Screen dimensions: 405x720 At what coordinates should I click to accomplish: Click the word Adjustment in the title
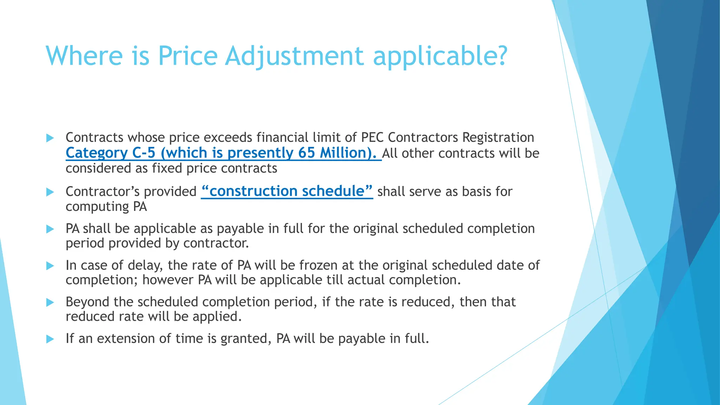(294, 56)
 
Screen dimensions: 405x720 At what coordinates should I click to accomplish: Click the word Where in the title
(84, 56)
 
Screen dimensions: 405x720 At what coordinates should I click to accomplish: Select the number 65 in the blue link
(307, 153)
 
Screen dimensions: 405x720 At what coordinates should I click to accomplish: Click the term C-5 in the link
(144, 153)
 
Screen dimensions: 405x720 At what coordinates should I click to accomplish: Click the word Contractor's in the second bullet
(103, 192)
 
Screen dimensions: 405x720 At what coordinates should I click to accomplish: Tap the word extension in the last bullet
(126, 339)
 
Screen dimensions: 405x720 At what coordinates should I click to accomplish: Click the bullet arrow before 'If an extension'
(50, 339)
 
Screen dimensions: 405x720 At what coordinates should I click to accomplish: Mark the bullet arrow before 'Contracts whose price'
(50, 138)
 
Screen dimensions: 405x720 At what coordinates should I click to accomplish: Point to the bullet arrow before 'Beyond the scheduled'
(50, 302)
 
